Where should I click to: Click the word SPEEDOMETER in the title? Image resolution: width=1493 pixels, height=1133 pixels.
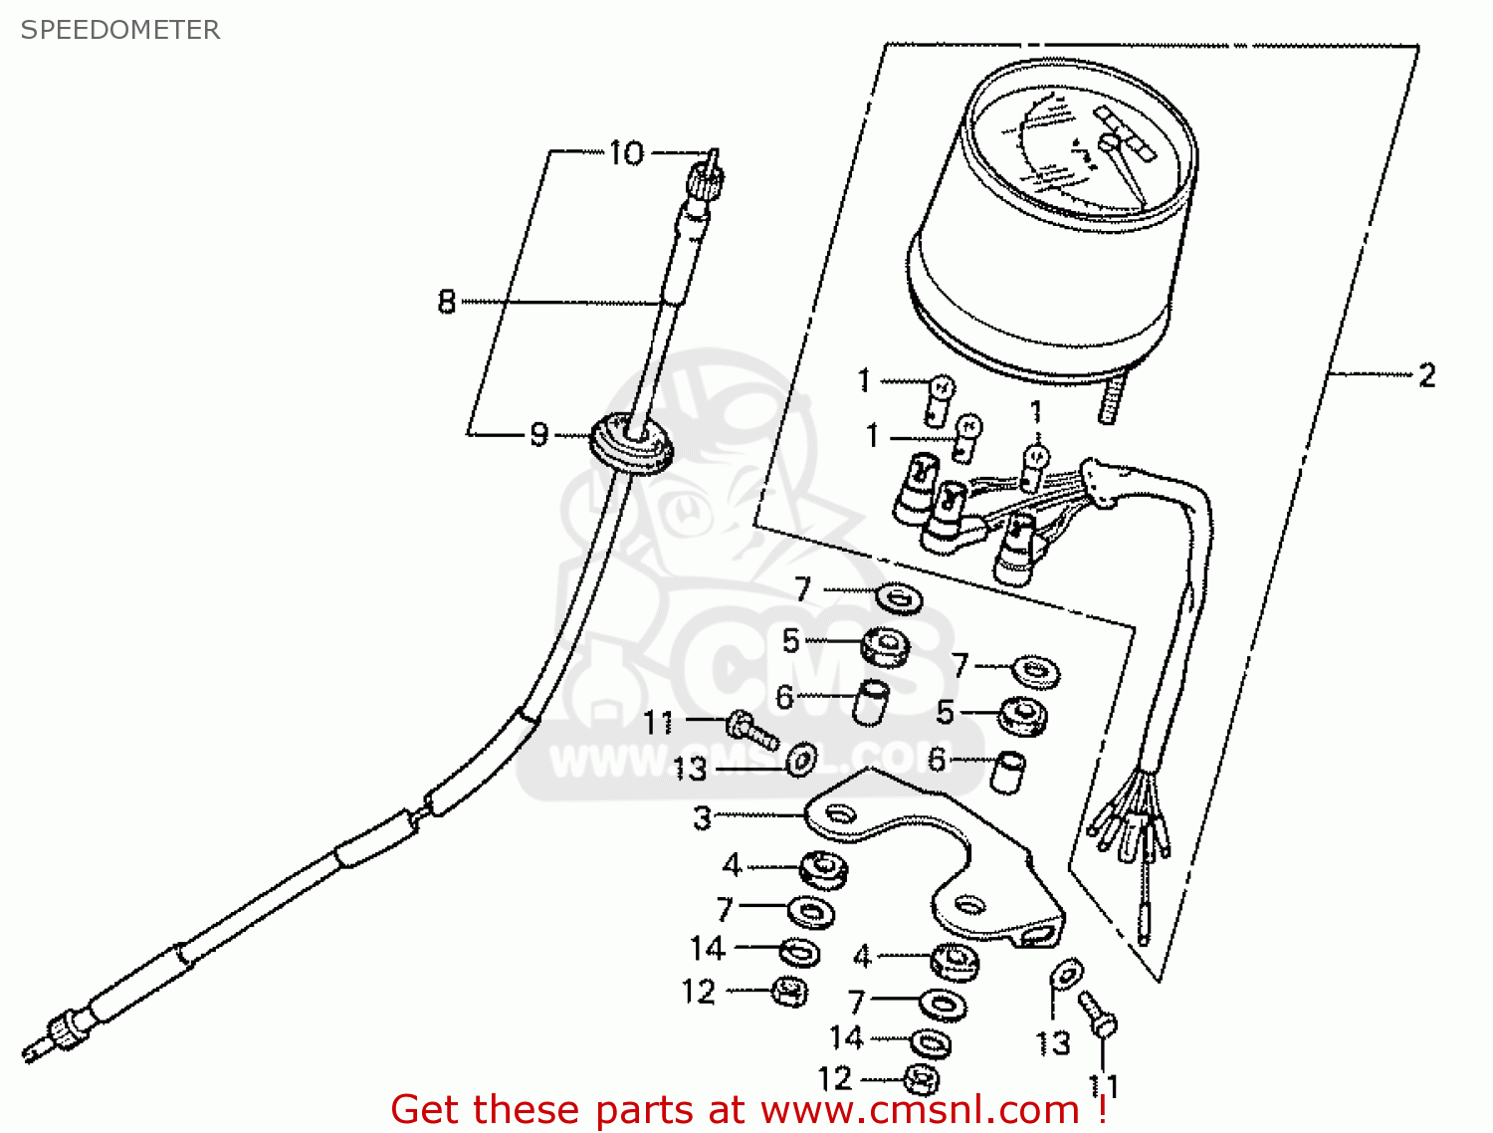click(120, 30)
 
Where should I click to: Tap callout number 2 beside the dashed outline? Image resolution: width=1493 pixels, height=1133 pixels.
click(1426, 375)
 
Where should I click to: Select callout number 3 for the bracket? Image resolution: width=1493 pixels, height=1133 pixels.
click(703, 817)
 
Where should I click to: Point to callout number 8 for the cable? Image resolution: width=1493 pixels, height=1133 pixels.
click(447, 301)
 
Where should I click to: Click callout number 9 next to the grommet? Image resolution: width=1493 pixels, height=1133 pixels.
click(538, 434)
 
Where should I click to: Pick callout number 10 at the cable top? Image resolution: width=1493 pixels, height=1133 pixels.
click(626, 153)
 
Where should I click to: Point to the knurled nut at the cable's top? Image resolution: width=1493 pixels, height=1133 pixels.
click(706, 179)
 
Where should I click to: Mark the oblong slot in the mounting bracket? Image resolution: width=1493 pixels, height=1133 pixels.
click(1036, 935)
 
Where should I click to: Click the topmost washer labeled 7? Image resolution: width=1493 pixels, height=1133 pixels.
click(900, 598)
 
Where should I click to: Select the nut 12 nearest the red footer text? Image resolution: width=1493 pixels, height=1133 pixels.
click(921, 1079)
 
